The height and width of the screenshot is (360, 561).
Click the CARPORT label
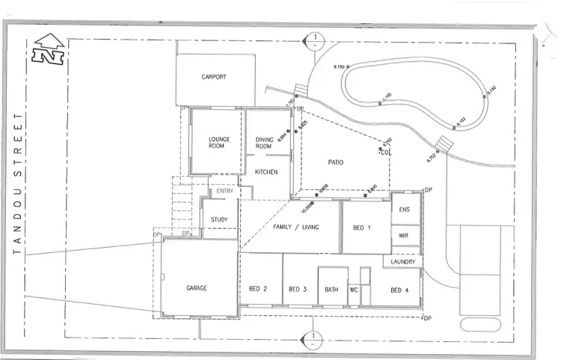[x=214, y=77]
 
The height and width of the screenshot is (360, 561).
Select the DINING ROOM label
[x=264, y=142]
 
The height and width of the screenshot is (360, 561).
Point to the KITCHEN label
[x=266, y=172]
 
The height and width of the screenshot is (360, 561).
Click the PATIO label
[x=335, y=162]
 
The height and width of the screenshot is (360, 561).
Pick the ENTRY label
[x=225, y=192]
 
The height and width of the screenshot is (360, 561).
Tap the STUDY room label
[x=219, y=219]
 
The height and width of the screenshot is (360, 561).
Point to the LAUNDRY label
[x=403, y=262]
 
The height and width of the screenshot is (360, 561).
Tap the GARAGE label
[x=196, y=288]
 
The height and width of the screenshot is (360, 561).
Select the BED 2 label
[x=258, y=290]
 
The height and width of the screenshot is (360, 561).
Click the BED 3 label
[x=298, y=290]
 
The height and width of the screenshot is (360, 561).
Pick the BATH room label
[x=331, y=290]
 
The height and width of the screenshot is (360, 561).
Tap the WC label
[x=354, y=290]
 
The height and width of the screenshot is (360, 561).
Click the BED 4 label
[x=400, y=290]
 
